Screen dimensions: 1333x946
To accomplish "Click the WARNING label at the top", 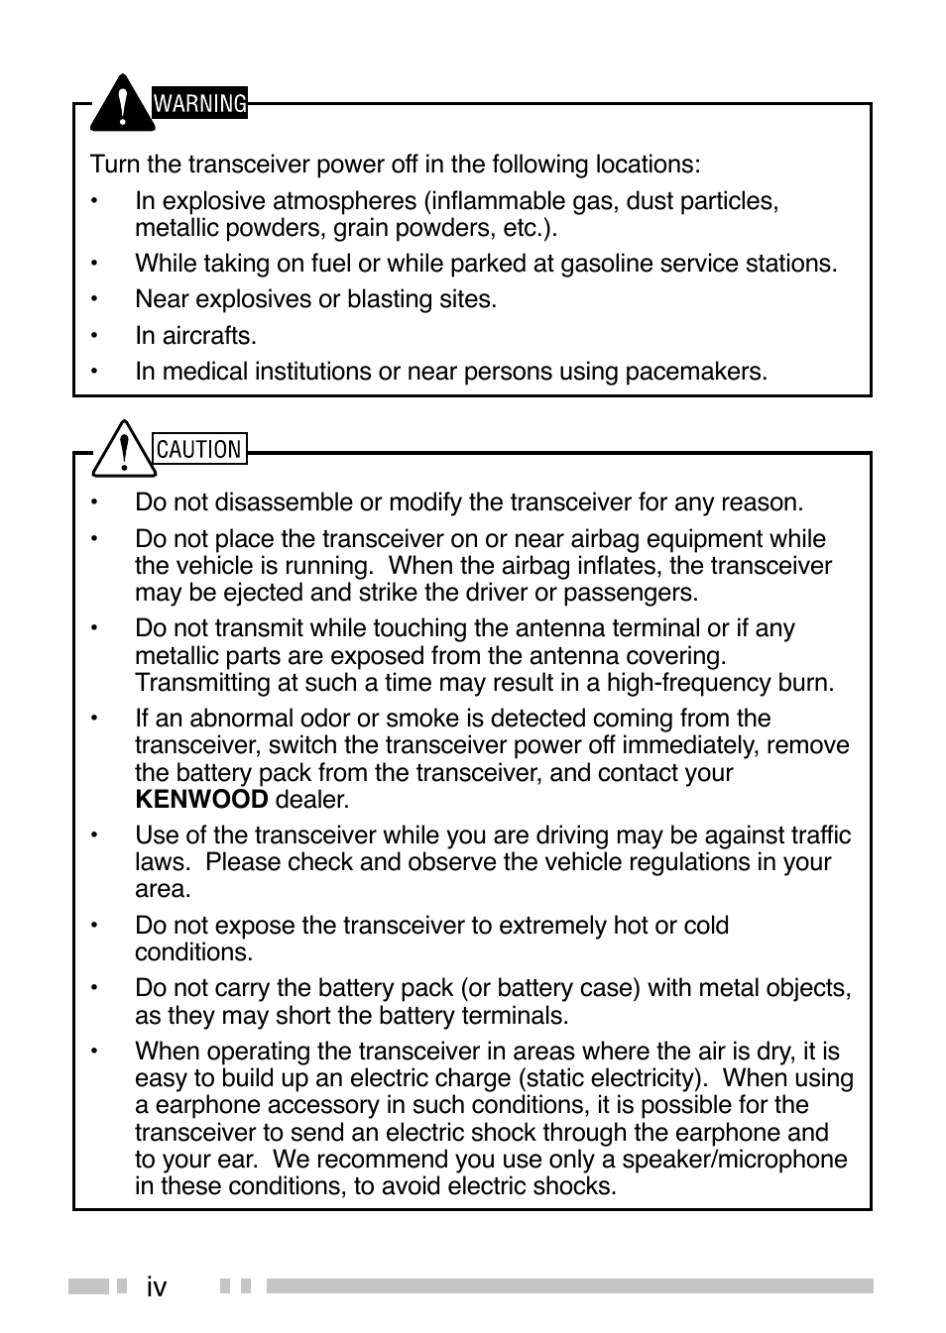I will coord(199,103).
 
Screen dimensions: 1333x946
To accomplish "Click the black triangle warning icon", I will coord(121,106).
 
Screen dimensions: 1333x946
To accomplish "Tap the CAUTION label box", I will coord(199,449).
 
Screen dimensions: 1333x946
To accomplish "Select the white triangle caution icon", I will coord(121,451).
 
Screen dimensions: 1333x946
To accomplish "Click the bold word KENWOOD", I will coord(201,800).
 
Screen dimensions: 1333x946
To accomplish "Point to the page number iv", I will coord(156,1286).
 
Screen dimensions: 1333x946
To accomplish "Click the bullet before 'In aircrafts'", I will coord(96,336).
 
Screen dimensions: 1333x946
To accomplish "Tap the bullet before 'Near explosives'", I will coord(96,299).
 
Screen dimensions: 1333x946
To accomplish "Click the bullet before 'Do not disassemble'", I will coord(96,502).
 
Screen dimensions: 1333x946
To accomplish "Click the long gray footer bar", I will coord(569,1286).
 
